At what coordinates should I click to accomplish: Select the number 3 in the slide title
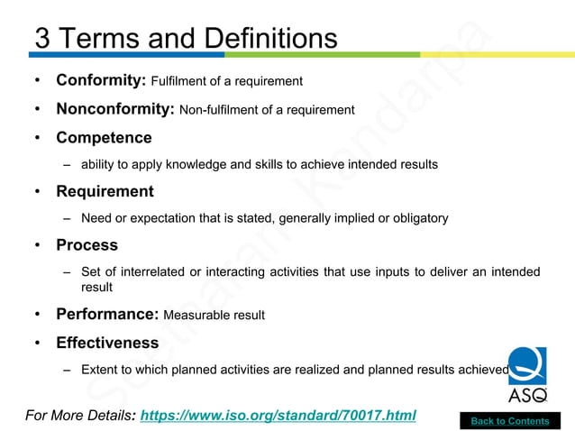(42, 39)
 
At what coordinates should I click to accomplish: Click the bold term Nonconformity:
(115, 109)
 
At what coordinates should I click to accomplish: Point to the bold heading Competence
(104, 138)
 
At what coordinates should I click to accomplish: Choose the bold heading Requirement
(105, 191)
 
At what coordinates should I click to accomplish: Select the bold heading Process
(87, 244)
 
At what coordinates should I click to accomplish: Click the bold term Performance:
(107, 315)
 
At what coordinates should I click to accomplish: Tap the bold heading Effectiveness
(107, 343)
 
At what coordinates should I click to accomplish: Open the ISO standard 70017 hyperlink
(278, 416)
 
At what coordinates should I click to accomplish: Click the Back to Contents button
(510, 421)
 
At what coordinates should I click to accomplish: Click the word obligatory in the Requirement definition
(417, 218)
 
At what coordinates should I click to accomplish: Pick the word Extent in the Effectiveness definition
(99, 370)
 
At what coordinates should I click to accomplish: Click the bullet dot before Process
(37, 245)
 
